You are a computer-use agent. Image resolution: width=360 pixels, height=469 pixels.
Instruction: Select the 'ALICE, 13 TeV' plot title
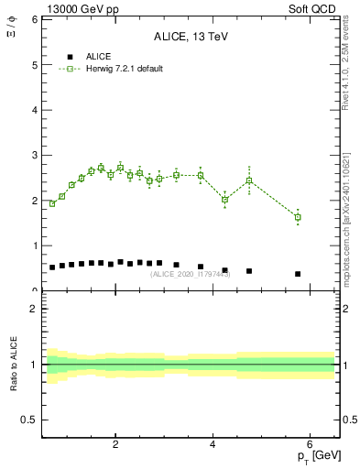(191, 37)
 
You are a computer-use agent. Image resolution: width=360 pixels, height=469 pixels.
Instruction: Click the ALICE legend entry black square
(71, 57)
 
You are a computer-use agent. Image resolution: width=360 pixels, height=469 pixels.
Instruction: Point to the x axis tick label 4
(213, 445)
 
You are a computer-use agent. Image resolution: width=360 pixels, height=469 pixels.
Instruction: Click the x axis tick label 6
(310, 445)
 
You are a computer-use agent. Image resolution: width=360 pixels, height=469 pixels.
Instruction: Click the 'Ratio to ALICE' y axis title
(14, 365)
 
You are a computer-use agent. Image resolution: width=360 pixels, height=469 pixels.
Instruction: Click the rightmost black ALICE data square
(298, 274)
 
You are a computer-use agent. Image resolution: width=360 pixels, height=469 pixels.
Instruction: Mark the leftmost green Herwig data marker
(52, 203)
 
